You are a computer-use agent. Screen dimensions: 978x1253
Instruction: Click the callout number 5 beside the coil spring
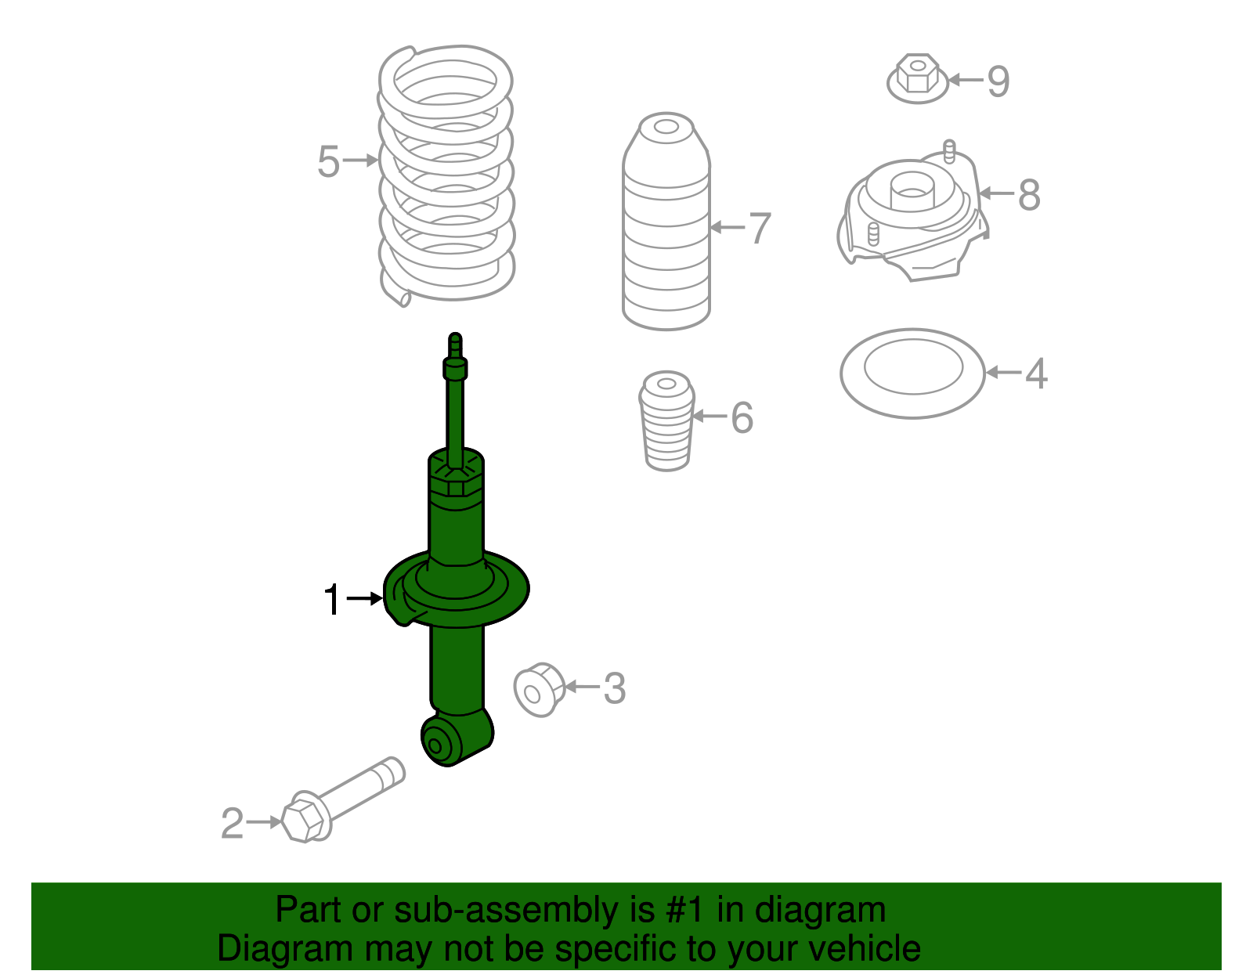point(328,162)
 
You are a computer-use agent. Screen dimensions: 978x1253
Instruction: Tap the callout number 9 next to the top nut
point(998,81)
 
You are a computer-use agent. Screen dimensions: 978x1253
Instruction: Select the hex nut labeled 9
point(917,78)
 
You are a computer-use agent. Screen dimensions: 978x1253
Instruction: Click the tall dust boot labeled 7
point(666,227)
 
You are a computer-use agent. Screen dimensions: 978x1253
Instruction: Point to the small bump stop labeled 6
point(667,423)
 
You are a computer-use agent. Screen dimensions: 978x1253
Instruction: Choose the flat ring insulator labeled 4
point(912,373)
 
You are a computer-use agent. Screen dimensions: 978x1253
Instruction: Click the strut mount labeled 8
point(912,215)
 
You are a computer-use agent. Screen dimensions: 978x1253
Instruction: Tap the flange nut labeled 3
point(540,689)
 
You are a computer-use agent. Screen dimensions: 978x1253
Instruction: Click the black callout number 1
point(332,601)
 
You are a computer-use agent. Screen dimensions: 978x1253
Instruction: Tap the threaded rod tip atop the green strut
point(455,343)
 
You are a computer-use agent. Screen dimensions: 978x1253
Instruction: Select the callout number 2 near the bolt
point(232,824)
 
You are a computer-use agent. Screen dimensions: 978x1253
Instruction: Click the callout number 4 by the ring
point(1036,374)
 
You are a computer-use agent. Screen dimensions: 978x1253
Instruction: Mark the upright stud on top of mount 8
point(948,150)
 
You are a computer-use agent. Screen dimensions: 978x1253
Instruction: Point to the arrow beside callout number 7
point(727,228)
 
